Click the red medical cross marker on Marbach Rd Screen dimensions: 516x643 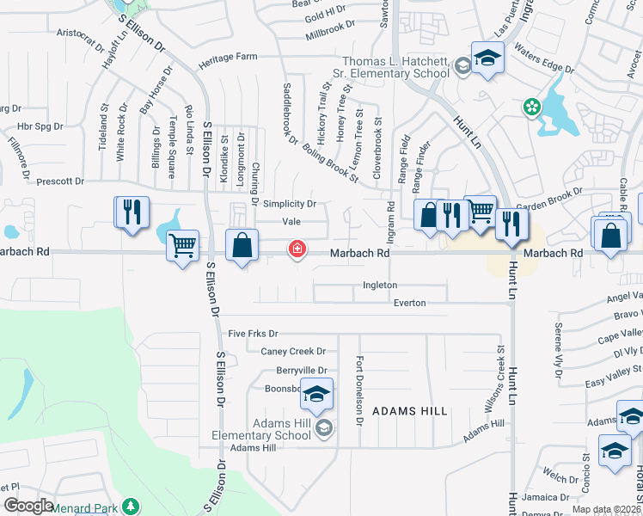[x=297, y=249]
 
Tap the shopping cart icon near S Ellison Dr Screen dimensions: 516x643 [x=182, y=246]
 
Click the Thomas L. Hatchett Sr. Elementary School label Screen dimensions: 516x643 [x=395, y=67]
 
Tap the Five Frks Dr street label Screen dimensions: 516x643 [x=254, y=333]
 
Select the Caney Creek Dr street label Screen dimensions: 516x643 [x=294, y=351]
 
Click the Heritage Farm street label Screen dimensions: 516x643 [x=228, y=57]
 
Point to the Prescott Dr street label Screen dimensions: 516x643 [x=60, y=181]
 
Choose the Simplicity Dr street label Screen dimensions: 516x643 [x=290, y=204]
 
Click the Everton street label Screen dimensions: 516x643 [x=409, y=303]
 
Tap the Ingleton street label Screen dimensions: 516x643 [x=380, y=285]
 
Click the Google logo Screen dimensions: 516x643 [x=28, y=506]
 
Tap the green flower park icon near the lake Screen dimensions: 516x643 [x=532, y=107]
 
